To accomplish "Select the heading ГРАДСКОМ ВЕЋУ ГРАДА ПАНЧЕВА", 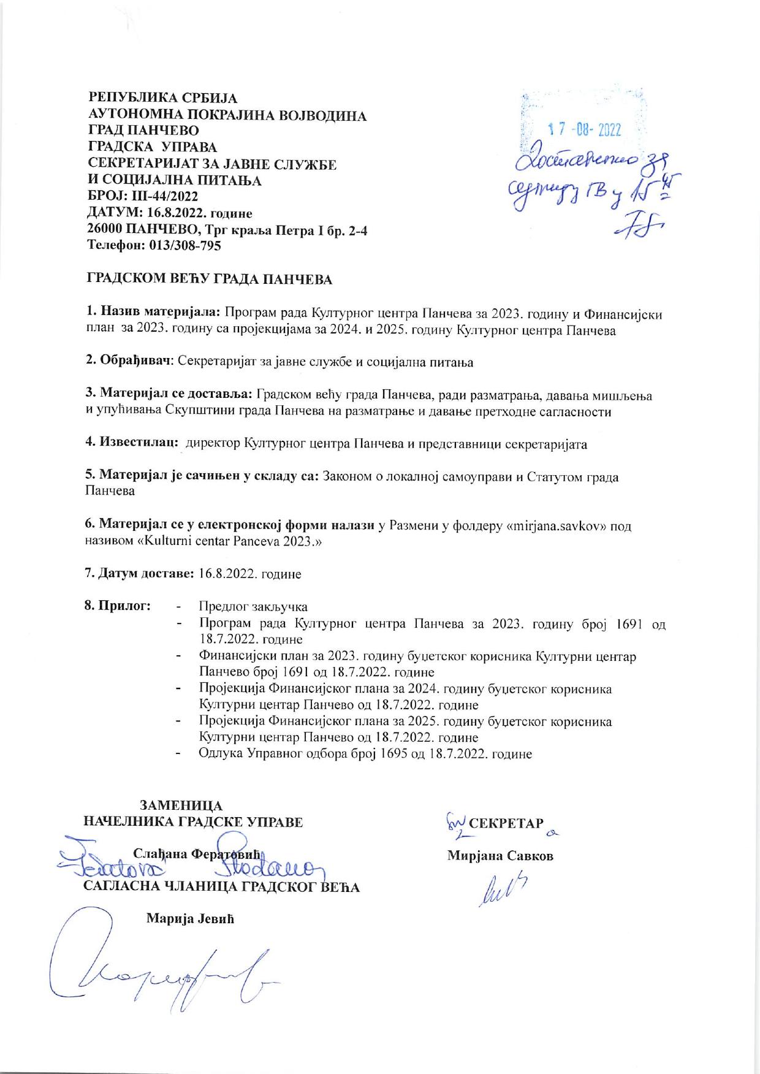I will (x=208, y=280).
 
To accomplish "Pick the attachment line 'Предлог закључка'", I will (x=253, y=607).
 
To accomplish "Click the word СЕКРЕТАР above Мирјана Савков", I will (x=506, y=823).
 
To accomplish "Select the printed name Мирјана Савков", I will (x=500, y=856).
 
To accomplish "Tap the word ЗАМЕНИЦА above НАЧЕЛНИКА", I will (x=182, y=805).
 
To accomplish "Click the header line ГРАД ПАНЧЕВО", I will (x=144, y=131).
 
